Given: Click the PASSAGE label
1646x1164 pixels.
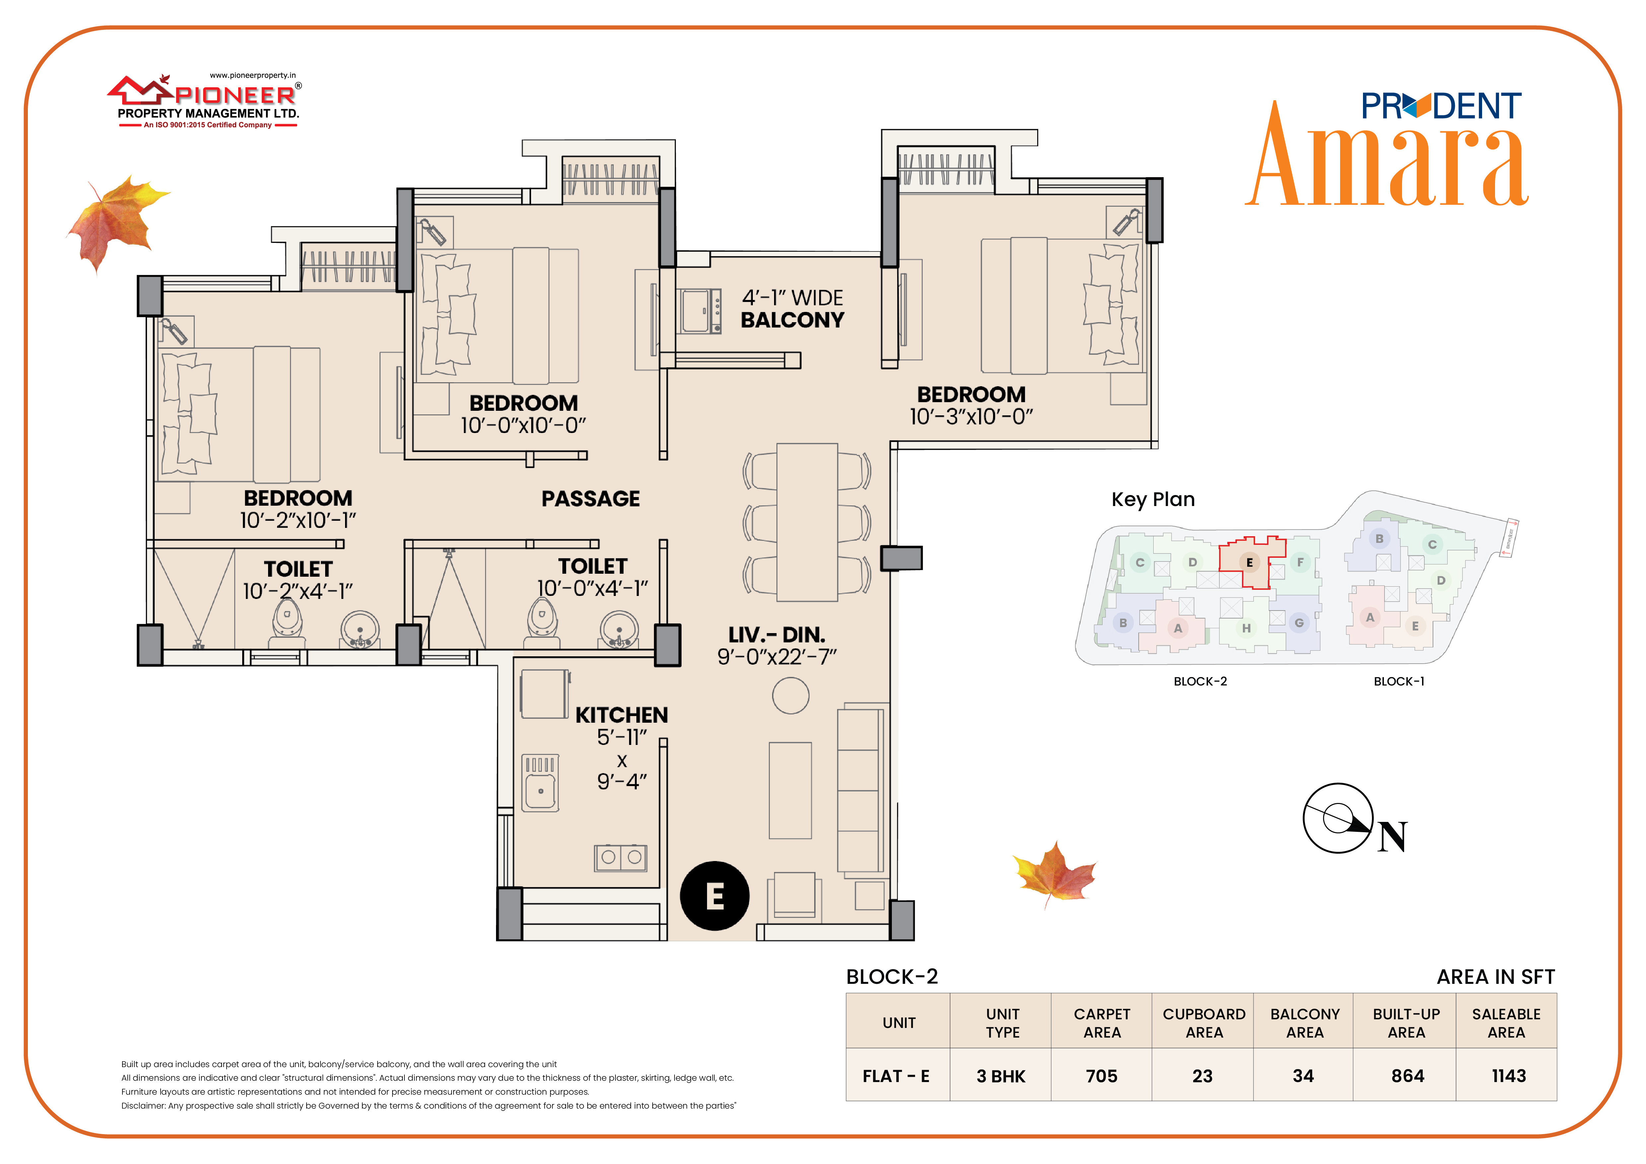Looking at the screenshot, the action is tap(591, 499).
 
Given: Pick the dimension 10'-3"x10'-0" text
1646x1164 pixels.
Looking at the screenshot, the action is tap(971, 416).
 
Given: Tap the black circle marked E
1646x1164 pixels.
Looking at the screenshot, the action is tap(715, 896).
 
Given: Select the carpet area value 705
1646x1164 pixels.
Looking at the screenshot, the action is tap(1102, 1076).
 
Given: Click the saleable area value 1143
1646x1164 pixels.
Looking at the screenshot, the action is tap(1508, 1076).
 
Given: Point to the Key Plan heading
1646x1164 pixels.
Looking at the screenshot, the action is tap(1153, 500).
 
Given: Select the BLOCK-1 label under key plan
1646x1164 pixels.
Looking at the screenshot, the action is tap(1399, 682).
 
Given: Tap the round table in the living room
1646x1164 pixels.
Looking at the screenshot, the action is tap(791, 695).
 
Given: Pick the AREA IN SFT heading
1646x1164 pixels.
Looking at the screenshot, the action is tap(1495, 977).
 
